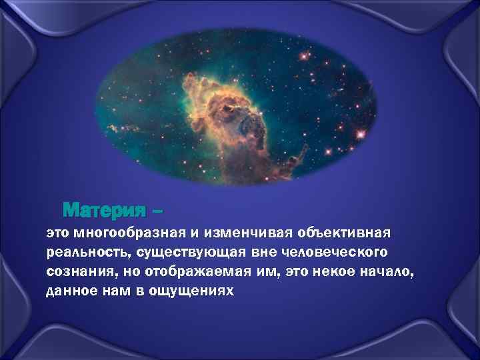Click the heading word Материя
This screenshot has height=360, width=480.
(x=105, y=211)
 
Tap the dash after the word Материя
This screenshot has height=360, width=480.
(x=157, y=212)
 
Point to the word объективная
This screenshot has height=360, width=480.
(x=351, y=234)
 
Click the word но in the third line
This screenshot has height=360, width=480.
(x=127, y=273)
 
